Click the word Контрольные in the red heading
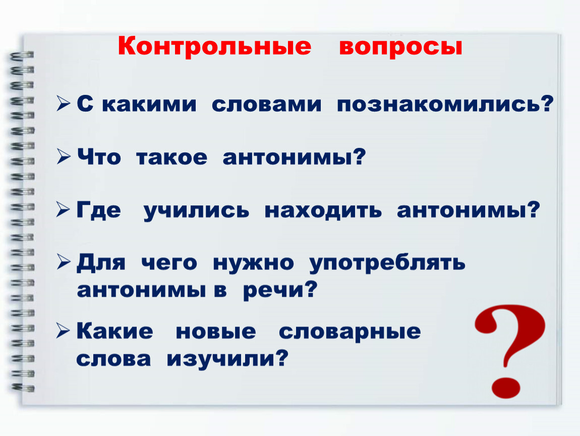pyautogui.click(x=214, y=46)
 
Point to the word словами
pyautogui.click(x=266, y=104)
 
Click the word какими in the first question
pyautogui.click(x=149, y=104)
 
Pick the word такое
pyautogui.click(x=171, y=157)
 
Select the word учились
pyautogui.click(x=196, y=210)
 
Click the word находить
pyautogui.click(x=323, y=210)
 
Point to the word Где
pyautogui.click(x=98, y=210)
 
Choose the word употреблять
pyautogui.click(x=387, y=263)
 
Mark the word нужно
pyautogui.click(x=253, y=263)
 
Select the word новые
pyautogui.click(x=216, y=332)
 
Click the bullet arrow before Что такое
pyautogui.click(x=64, y=156)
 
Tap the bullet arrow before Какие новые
pyautogui.click(x=63, y=331)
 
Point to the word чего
pyautogui.click(x=169, y=263)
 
